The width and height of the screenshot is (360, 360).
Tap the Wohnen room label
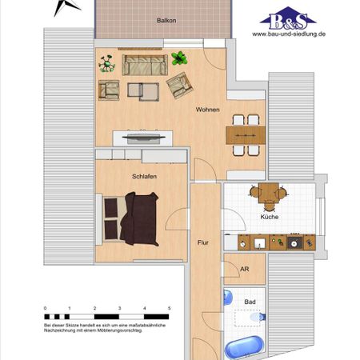tap(209, 112)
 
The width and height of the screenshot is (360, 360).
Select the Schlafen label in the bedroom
tap(133, 175)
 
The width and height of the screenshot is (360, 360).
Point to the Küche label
tap(269, 217)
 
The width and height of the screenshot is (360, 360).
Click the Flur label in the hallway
tap(203, 240)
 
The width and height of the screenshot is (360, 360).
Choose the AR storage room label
tap(244, 270)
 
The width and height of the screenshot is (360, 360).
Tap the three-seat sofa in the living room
tap(142, 64)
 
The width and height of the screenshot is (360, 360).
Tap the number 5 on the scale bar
tap(170, 308)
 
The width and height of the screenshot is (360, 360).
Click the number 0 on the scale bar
tap(46, 308)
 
